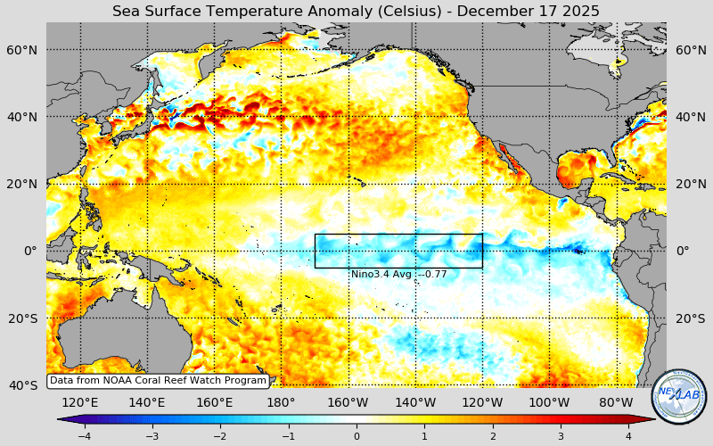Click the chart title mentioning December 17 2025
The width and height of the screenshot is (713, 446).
356,11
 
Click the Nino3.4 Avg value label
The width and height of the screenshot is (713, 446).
398,275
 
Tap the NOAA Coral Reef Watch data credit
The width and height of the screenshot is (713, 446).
158,381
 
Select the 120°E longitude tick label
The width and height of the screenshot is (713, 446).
80,402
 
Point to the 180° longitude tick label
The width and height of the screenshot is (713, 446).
281,402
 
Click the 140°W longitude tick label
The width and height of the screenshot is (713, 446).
415,402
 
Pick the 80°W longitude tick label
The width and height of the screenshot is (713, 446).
616,402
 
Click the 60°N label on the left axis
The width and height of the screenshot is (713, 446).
22,50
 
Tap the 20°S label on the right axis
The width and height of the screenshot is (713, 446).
691,318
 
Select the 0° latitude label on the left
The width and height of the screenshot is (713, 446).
29,251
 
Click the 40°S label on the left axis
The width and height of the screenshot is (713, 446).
22,384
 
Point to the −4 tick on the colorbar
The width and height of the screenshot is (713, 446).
84,436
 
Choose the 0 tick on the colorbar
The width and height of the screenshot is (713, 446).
356,436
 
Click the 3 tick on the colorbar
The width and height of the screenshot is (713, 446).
561,436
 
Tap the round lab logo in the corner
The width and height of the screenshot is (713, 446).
679,397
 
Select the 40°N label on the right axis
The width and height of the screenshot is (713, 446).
691,117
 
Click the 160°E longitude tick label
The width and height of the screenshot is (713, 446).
214,402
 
